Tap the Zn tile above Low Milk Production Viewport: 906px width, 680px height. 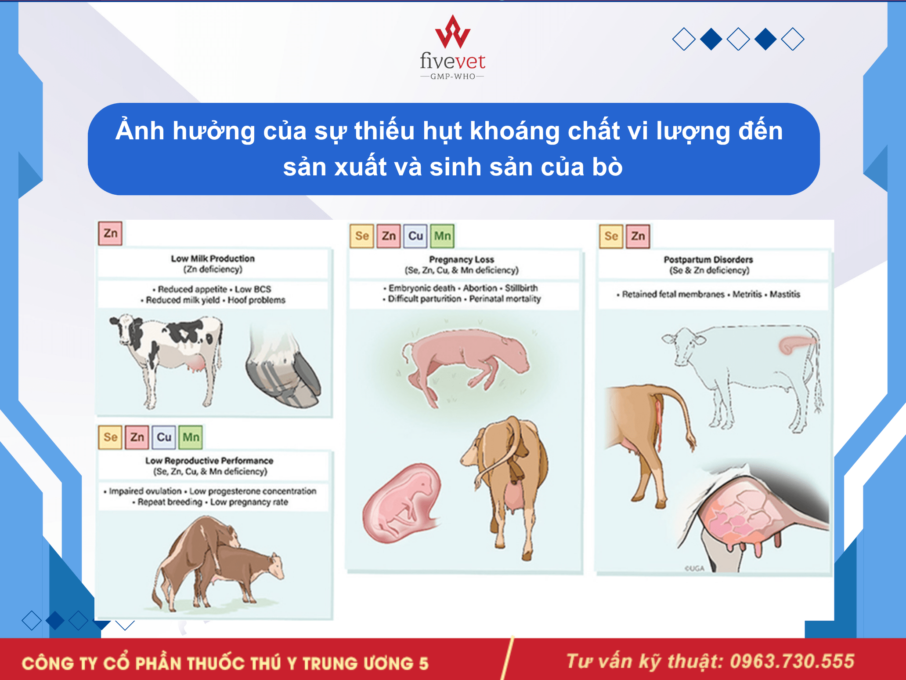110,233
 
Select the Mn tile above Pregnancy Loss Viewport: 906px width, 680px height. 442,236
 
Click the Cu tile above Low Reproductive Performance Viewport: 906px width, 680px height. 164,437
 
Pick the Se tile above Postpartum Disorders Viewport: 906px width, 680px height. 611,236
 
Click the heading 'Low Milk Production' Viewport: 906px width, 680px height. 213,258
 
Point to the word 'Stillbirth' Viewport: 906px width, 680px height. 521,288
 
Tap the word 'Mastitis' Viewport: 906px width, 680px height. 785,294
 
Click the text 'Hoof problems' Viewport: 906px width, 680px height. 256,300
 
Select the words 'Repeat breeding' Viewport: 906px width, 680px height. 170,502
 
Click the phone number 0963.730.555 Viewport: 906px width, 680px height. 792,661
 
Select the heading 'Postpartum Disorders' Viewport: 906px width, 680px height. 708,259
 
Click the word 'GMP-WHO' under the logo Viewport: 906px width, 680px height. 453,76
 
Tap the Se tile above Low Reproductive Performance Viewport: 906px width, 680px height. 110,437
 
